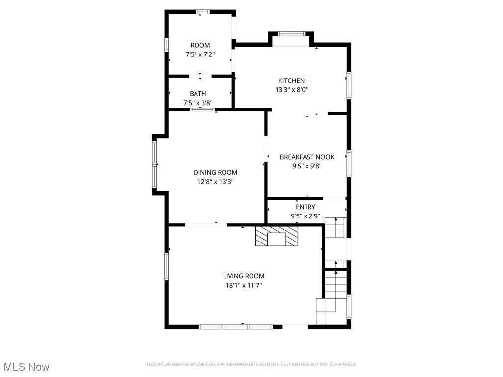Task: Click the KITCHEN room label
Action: (x=291, y=81)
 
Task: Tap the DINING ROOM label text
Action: (x=215, y=172)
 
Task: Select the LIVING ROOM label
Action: (x=244, y=276)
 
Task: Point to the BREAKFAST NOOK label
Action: (x=307, y=157)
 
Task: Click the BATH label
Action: (x=198, y=94)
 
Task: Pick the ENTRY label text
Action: (x=305, y=207)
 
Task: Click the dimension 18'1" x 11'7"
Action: (x=244, y=286)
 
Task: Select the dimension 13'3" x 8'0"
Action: (x=291, y=90)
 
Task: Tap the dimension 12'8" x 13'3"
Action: (x=215, y=182)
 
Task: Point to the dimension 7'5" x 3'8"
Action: (x=198, y=103)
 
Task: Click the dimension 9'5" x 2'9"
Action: (x=305, y=216)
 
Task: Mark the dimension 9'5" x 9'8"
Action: (x=307, y=166)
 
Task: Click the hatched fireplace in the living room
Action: (x=277, y=236)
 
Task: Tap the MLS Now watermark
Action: (x=27, y=367)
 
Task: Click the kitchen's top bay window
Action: (x=291, y=34)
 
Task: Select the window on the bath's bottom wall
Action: (x=202, y=110)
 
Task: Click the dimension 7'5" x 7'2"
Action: (x=200, y=54)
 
